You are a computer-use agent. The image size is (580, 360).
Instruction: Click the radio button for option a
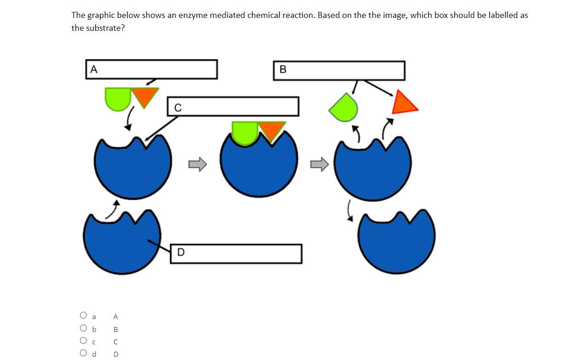[x=83, y=315]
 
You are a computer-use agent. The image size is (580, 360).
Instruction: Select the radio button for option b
[x=83, y=328]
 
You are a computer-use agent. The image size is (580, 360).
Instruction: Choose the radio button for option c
[x=83, y=341]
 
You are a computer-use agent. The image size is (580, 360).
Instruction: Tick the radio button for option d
[x=83, y=353]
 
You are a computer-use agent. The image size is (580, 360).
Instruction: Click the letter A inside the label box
[x=94, y=69]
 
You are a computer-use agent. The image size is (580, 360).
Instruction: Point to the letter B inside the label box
[x=283, y=69]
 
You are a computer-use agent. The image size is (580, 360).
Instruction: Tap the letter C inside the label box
[x=178, y=108]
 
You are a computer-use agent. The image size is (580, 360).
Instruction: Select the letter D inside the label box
[x=181, y=252]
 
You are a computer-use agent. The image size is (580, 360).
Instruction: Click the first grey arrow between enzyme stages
[x=198, y=164]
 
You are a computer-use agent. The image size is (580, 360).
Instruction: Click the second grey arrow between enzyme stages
[x=320, y=164]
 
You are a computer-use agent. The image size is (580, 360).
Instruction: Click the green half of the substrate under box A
[x=118, y=97]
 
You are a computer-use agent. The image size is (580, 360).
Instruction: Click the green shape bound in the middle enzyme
[x=245, y=131]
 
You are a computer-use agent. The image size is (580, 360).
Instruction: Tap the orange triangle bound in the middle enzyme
[x=272, y=129]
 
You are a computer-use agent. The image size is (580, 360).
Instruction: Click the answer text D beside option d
[x=115, y=354]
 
